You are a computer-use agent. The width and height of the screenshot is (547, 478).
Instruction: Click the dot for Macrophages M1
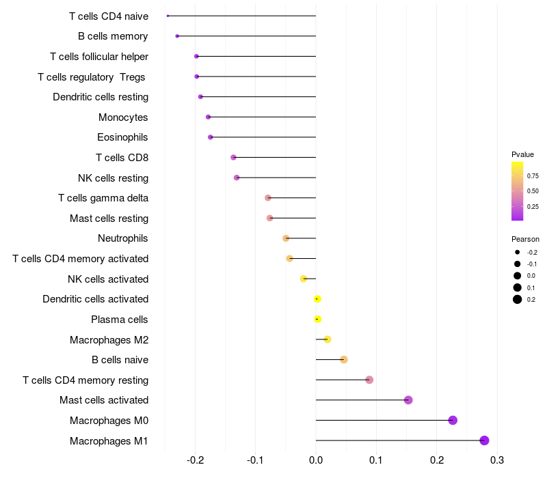click(x=485, y=440)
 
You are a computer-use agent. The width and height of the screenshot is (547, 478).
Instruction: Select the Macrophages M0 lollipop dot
click(x=453, y=420)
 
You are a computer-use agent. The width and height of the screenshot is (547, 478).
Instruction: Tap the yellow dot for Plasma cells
click(x=317, y=319)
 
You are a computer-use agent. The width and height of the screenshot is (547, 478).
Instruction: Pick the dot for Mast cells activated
click(x=408, y=400)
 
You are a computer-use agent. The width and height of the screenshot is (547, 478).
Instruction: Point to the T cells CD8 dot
click(x=233, y=158)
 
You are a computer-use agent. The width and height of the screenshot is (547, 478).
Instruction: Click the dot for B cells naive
click(x=344, y=360)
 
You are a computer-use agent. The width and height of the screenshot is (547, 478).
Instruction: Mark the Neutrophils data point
click(x=286, y=238)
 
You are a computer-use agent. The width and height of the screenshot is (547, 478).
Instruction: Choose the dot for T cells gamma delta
click(x=268, y=198)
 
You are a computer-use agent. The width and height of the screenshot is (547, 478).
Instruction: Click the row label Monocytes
click(x=123, y=117)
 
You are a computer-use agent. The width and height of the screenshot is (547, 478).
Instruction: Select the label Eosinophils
click(x=122, y=137)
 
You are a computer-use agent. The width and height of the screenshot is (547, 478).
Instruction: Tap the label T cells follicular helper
click(x=99, y=57)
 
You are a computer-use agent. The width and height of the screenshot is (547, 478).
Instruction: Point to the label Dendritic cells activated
click(x=95, y=299)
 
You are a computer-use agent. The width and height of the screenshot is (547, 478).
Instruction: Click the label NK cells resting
click(x=113, y=178)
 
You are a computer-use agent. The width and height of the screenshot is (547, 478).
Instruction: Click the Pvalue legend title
click(x=522, y=154)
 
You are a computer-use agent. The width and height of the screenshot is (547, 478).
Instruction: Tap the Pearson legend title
click(x=525, y=240)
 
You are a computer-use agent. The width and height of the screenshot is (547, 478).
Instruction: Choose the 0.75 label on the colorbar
click(x=533, y=176)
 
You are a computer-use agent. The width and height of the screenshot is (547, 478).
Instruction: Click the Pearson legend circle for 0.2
click(x=518, y=299)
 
